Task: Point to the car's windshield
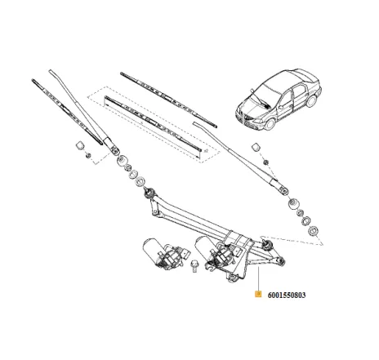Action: point(265,87)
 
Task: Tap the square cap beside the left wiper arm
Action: point(82,146)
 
